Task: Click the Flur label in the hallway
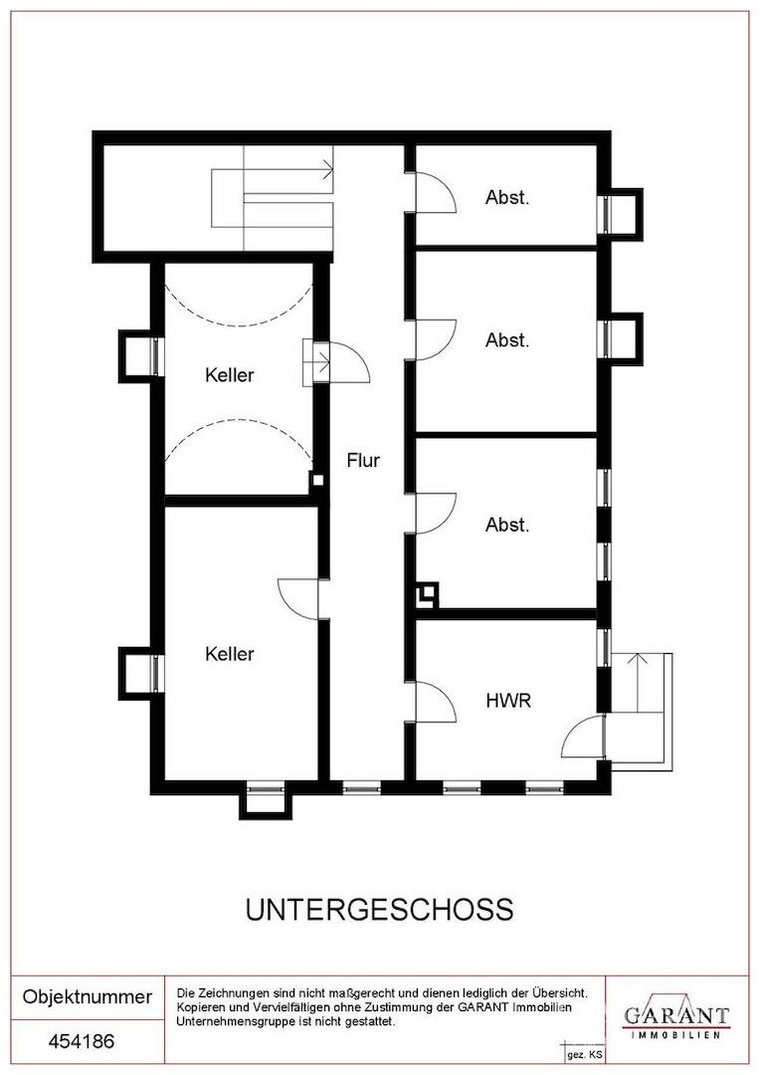pyautogui.click(x=362, y=460)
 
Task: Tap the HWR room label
pyautogui.click(x=507, y=701)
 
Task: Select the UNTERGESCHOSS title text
pyautogui.click(x=379, y=910)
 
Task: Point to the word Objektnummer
pyautogui.click(x=87, y=996)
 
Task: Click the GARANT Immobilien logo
pyautogui.click(x=675, y=1017)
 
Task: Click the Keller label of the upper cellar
pyautogui.click(x=230, y=375)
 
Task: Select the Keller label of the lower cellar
pyautogui.click(x=230, y=653)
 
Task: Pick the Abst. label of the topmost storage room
pyautogui.click(x=507, y=197)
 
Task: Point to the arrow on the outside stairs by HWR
pyautogui.click(x=638, y=683)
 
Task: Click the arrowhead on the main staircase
pyautogui.click(x=329, y=168)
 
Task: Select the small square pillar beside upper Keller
pyautogui.click(x=317, y=480)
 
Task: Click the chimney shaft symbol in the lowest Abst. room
pyautogui.click(x=427, y=594)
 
